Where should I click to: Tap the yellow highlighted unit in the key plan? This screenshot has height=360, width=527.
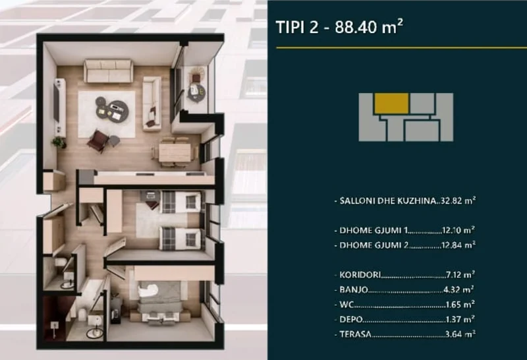(391, 103)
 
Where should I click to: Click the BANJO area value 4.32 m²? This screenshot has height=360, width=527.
(459, 289)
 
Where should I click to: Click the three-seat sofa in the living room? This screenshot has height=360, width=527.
(109, 71)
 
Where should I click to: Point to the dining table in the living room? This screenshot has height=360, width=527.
(175, 151)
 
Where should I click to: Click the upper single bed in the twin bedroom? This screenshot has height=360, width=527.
(178, 200)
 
